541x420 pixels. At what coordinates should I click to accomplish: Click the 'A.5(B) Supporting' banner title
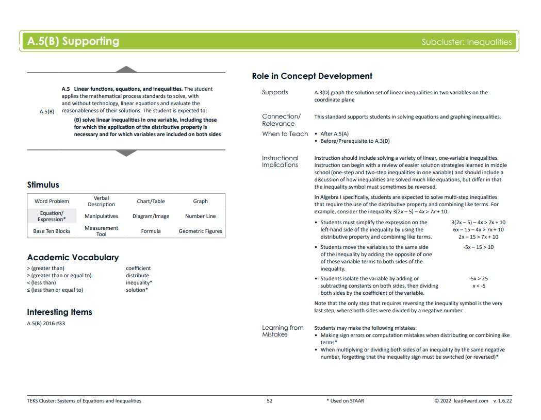(x=73, y=42)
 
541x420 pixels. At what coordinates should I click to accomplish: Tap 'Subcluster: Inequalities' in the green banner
(x=466, y=42)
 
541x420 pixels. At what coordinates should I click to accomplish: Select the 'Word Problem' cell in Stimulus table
(x=52, y=201)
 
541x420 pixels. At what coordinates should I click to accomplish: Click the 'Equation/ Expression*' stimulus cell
(x=52, y=216)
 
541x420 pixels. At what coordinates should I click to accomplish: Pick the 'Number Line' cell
(x=200, y=216)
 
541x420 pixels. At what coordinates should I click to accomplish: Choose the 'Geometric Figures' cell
(x=200, y=231)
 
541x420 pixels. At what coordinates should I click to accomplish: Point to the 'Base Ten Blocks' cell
(x=52, y=231)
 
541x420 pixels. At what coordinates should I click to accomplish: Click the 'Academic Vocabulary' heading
(x=73, y=258)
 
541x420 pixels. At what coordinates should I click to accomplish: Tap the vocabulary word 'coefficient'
(x=138, y=268)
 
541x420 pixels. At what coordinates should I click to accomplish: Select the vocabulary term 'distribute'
(x=137, y=276)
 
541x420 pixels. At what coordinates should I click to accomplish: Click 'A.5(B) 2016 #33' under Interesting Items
(x=46, y=324)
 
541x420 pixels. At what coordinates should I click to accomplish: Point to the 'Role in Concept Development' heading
(x=312, y=76)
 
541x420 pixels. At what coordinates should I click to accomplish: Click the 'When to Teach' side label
(x=285, y=134)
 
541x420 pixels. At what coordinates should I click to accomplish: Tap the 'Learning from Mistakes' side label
(x=282, y=331)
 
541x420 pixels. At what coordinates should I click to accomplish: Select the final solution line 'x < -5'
(x=479, y=286)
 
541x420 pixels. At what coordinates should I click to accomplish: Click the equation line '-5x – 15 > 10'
(x=478, y=247)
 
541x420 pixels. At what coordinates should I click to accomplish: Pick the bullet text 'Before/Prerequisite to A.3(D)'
(x=355, y=141)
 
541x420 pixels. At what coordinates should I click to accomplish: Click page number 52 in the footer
(x=270, y=401)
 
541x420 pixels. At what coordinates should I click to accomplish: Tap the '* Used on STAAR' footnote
(x=345, y=401)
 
